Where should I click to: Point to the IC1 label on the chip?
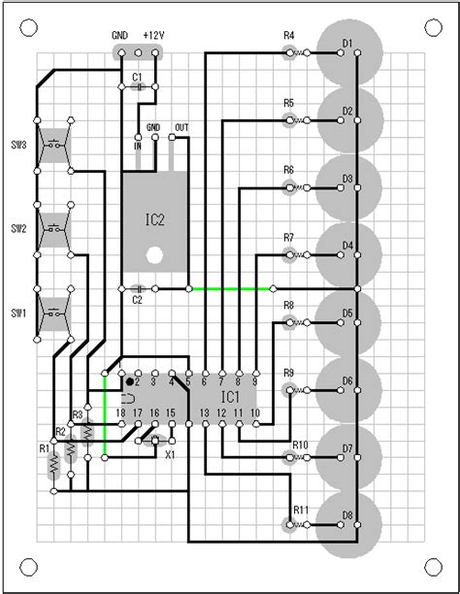tap(229, 398)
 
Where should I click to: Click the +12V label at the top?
tap(154, 33)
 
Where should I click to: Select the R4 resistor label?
tap(288, 36)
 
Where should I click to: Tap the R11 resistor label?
tap(301, 511)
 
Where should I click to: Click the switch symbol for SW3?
tap(55, 147)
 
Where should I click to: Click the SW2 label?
tap(17, 230)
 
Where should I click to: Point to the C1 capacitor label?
tap(138, 76)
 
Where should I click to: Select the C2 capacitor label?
tap(138, 300)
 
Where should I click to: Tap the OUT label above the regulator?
tap(181, 127)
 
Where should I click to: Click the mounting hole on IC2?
tap(154, 256)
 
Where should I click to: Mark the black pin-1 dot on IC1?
tap(129, 382)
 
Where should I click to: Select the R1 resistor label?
tap(43, 448)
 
